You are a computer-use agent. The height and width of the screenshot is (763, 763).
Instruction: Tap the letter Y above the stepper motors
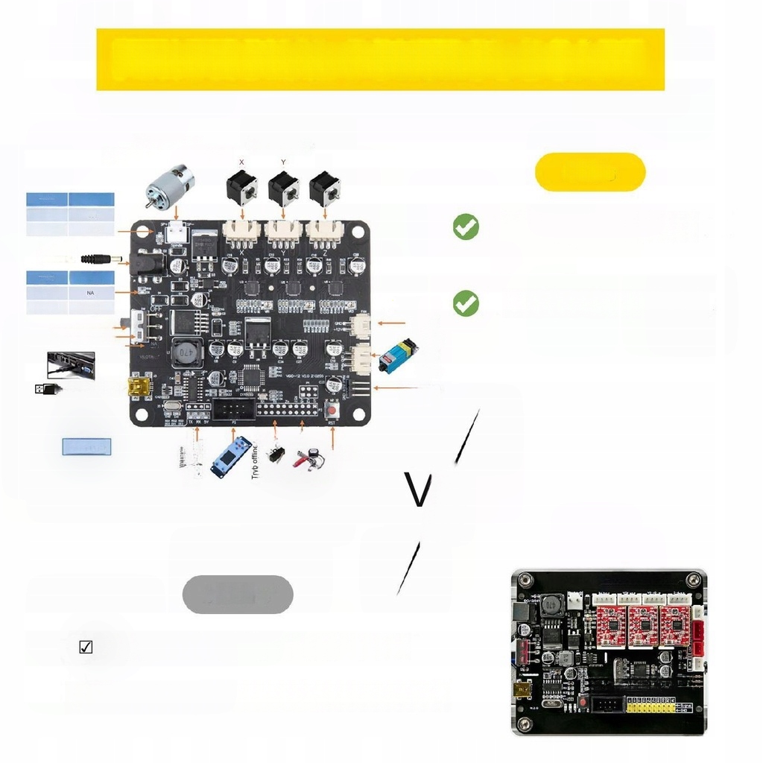click(x=283, y=162)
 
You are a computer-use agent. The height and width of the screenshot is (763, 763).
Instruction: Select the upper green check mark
click(x=466, y=227)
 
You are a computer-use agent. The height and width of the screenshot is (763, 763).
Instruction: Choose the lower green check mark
click(x=466, y=303)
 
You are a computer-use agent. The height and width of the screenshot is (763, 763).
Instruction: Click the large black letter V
click(x=420, y=490)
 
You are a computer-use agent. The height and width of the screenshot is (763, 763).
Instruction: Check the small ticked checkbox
click(x=86, y=647)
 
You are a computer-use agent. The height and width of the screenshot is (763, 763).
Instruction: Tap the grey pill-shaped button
click(x=238, y=595)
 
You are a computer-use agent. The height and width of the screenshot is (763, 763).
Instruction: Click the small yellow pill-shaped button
click(x=590, y=172)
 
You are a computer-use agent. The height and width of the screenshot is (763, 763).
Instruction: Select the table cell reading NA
click(x=91, y=294)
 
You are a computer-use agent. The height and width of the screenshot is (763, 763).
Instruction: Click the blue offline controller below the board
click(x=232, y=458)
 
